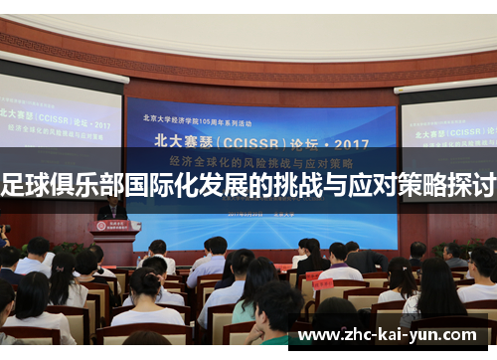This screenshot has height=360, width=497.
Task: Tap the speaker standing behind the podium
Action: point(111,208)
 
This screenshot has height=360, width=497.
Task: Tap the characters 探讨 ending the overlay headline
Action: point(471,184)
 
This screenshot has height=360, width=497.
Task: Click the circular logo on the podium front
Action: point(115,227)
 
